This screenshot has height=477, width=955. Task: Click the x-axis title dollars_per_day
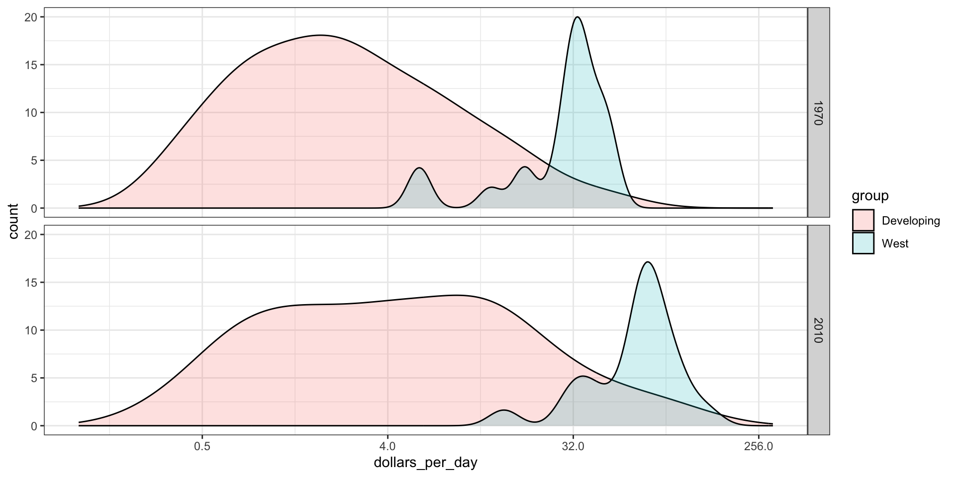tap(425, 463)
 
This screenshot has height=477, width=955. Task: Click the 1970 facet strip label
tap(818, 113)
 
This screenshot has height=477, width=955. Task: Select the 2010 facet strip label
tap(818, 330)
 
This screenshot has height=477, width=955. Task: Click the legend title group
tap(870, 196)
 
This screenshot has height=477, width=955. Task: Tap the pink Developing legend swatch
tap(863, 220)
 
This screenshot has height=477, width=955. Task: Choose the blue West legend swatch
tap(863, 243)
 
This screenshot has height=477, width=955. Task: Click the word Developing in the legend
tap(911, 221)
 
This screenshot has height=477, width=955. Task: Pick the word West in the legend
tap(895, 243)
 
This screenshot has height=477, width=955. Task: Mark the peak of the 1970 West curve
tap(577, 17)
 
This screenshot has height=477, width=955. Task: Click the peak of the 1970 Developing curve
tap(320, 35)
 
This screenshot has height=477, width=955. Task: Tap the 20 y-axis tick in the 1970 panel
tap(31, 17)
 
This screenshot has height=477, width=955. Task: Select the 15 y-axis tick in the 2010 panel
tap(31, 283)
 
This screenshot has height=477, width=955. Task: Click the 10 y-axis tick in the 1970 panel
tap(31, 113)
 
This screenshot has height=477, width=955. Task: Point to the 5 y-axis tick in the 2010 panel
tap(34, 378)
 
